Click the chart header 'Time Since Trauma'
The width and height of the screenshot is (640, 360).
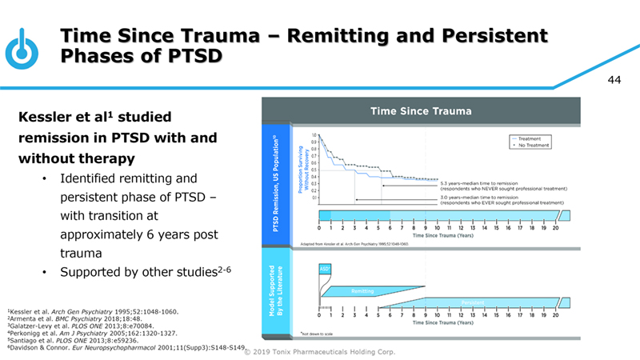tap(420, 111)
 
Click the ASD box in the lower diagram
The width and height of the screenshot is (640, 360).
tap(326, 269)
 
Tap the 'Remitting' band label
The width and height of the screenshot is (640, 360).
tap(362, 293)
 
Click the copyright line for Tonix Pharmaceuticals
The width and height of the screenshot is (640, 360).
tap(339, 352)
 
